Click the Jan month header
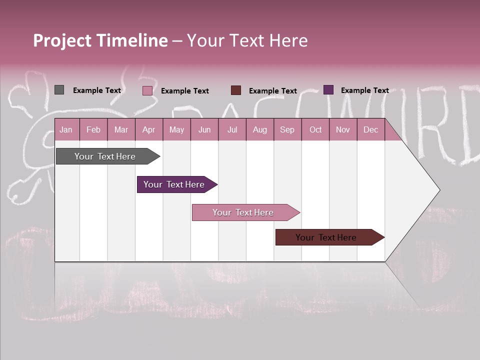[x=66, y=129]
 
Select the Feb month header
[x=93, y=129]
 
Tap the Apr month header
[x=148, y=129]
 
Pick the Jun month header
[x=204, y=129]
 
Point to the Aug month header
[x=259, y=129]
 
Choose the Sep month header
[x=287, y=129]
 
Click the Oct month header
[x=315, y=129]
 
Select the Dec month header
[x=370, y=129]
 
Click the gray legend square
[x=59, y=90]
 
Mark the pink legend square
[x=147, y=90]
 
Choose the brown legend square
[x=236, y=90]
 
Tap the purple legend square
[x=328, y=90]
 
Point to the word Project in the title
[x=62, y=40]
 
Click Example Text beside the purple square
[x=364, y=90]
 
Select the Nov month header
[x=343, y=129]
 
